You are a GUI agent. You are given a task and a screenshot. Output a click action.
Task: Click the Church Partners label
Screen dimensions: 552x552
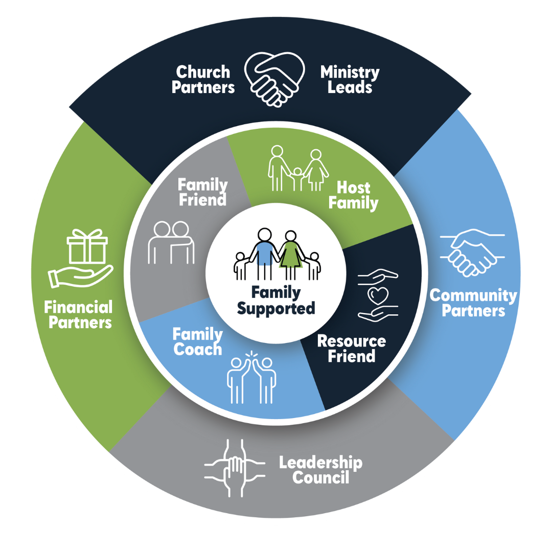(x=203, y=79)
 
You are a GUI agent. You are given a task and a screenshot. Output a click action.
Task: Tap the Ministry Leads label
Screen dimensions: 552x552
(x=350, y=79)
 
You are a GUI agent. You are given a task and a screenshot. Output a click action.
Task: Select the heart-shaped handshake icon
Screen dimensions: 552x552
(x=274, y=80)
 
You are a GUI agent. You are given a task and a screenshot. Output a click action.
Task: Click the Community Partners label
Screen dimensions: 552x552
(x=473, y=303)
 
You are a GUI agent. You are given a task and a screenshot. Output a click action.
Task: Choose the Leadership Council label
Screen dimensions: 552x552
(x=320, y=470)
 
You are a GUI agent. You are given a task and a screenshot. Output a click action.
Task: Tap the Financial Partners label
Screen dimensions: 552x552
(x=78, y=315)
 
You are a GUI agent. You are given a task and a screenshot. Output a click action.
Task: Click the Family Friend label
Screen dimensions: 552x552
(x=203, y=192)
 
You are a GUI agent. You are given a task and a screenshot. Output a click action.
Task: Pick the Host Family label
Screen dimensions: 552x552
(x=353, y=195)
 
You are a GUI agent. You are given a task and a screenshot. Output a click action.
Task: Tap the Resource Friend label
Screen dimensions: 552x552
(x=351, y=348)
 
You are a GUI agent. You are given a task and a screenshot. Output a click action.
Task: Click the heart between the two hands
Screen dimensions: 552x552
(x=379, y=295)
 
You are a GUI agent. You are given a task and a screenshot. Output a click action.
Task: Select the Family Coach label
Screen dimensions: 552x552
(x=198, y=342)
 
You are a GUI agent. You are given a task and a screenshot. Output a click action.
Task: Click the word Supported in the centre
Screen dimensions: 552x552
(x=276, y=309)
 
